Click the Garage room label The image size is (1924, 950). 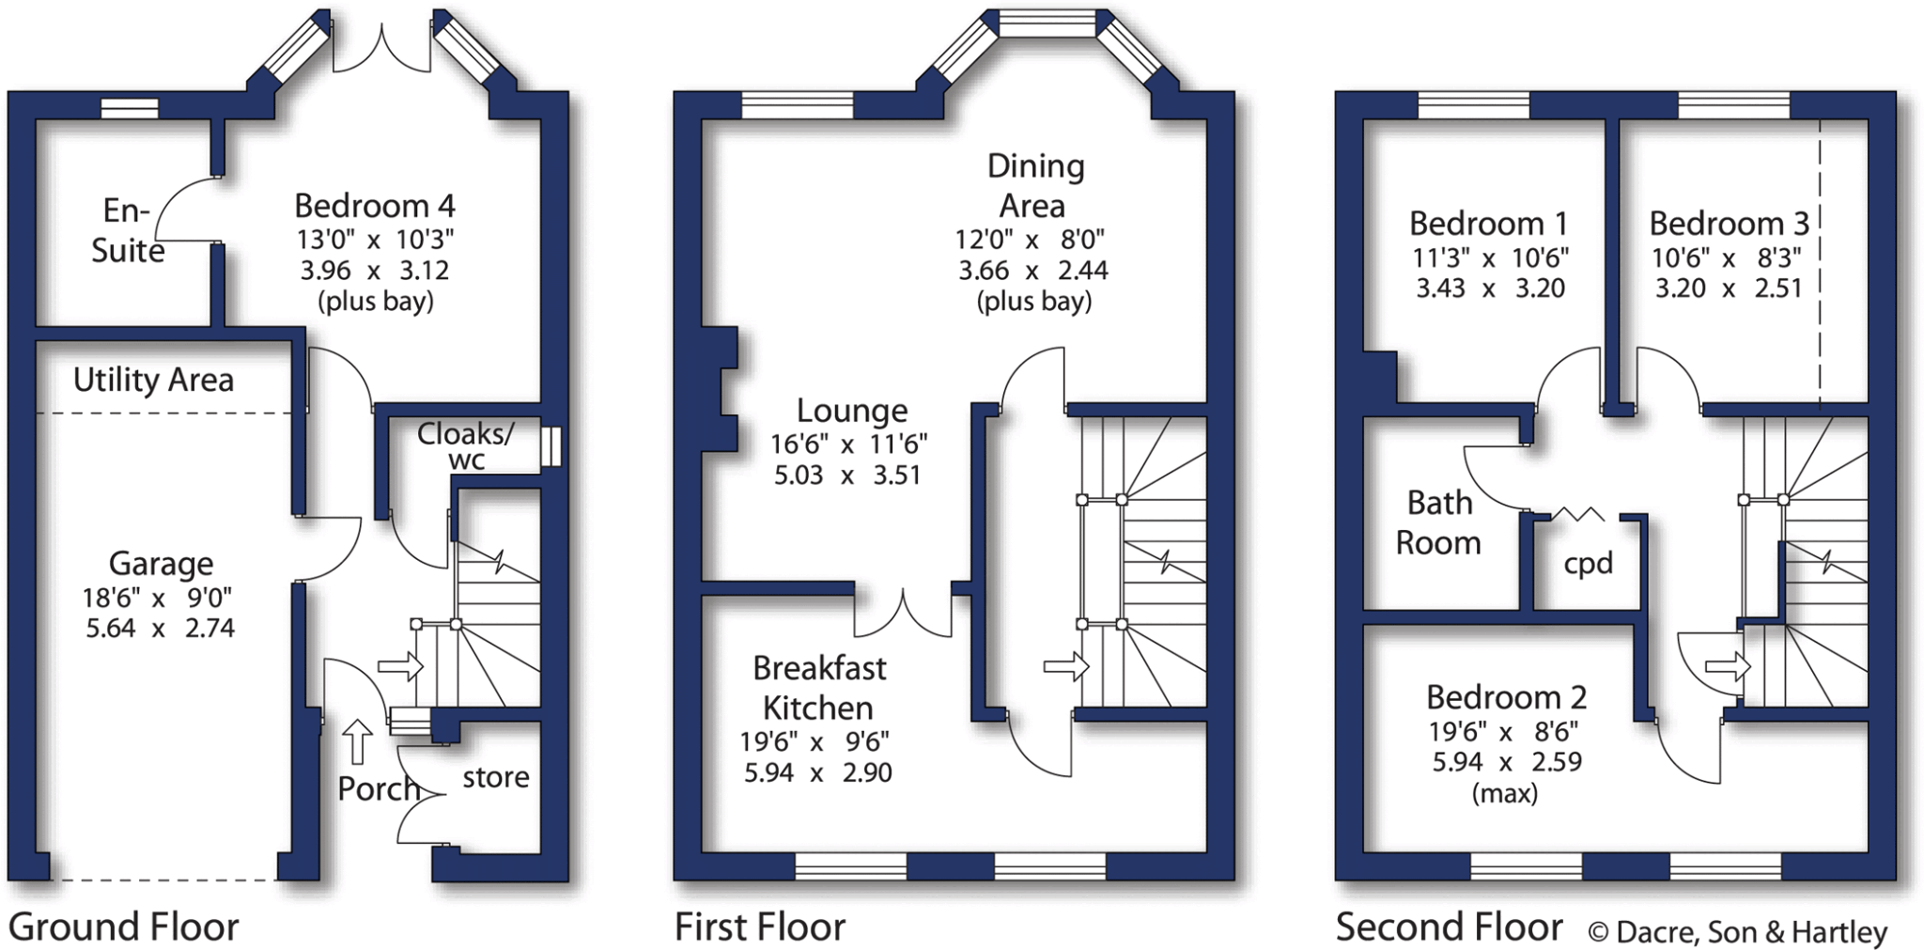coord(161,564)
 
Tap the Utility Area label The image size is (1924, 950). coord(153,381)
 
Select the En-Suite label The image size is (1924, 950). coord(127,231)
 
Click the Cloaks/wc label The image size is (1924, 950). coord(466,445)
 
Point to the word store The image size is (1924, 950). coord(495,778)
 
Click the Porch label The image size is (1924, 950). coord(378,789)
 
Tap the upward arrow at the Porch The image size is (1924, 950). coord(356,741)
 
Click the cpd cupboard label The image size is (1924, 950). coord(1588,564)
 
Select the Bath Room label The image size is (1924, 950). coord(1438,523)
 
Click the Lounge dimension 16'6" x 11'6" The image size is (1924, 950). coord(849,444)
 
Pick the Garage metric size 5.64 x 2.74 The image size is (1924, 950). coord(161,629)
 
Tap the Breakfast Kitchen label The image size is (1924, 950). coord(818,688)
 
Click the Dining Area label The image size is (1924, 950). coord(1034,186)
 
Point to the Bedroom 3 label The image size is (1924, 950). coord(1729,224)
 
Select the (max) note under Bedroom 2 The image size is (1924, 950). coord(1505,794)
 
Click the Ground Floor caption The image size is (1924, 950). coord(123,927)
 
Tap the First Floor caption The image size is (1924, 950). coord(760,927)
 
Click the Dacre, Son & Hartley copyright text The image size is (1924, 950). coord(1738,932)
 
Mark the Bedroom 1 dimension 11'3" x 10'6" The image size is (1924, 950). coord(1490,257)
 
